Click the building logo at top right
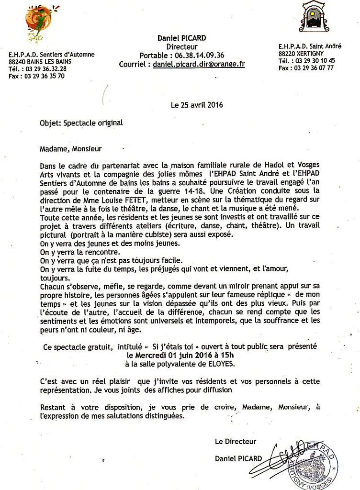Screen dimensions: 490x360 point(314,16)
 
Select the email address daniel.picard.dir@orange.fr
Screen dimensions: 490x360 point(199,64)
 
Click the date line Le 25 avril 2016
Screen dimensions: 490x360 point(197,105)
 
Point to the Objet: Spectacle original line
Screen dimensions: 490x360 point(81,122)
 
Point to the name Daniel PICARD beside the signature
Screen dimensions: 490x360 point(238,458)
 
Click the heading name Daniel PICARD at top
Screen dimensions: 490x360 point(182,38)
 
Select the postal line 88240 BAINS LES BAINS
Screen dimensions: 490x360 point(40,62)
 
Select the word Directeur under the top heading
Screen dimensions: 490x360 point(182,46)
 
